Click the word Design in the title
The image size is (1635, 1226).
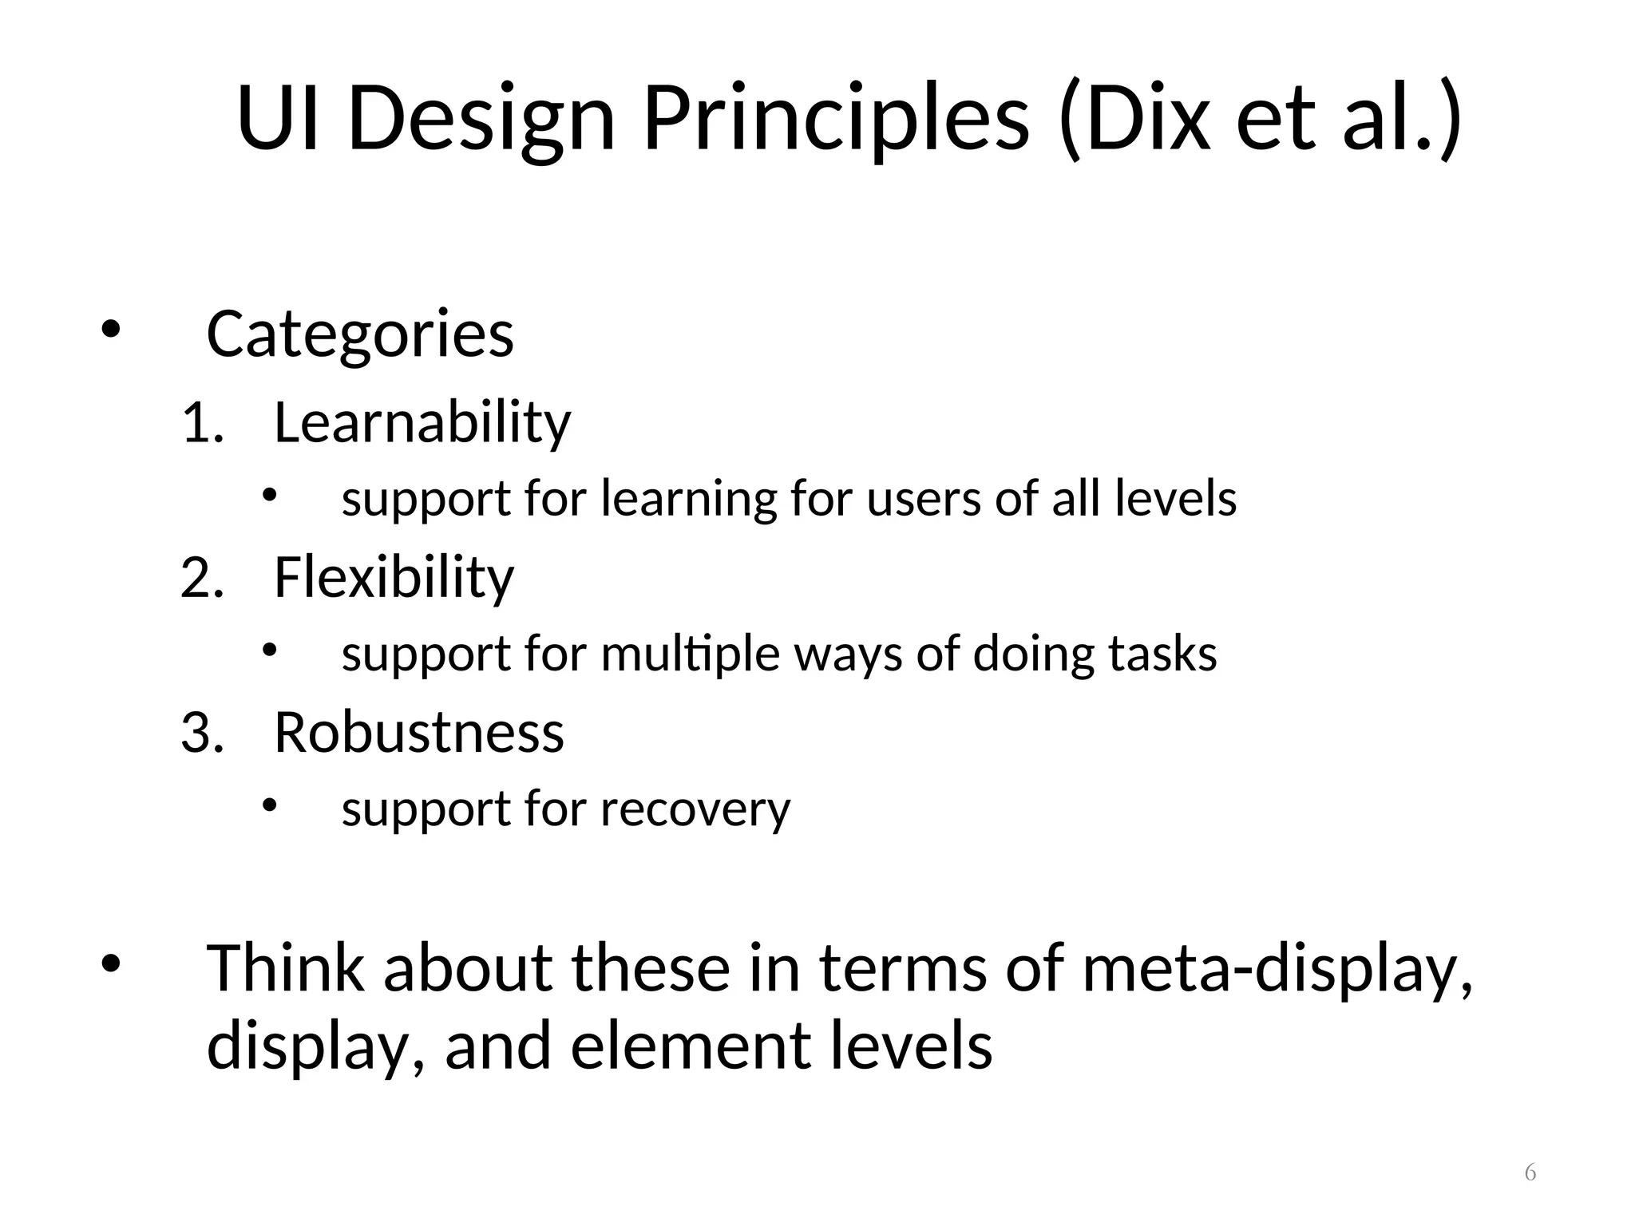pyautogui.click(x=481, y=120)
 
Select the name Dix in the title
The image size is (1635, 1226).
pyautogui.click(x=1149, y=120)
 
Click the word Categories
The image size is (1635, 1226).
pyautogui.click(x=360, y=334)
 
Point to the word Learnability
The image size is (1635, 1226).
pyautogui.click(x=422, y=422)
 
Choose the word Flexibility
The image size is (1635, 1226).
pyautogui.click(x=394, y=577)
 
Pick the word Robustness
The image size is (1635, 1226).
pyautogui.click(x=419, y=732)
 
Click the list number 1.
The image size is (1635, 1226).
pyautogui.click(x=200, y=424)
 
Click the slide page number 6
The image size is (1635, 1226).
pyautogui.click(x=1530, y=1173)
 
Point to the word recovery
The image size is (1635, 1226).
pyautogui.click(x=695, y=809)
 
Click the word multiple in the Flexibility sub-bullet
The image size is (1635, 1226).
pyautogui.click(x=690, y=655)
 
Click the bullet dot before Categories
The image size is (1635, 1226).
pyautogui.click(x=109, y=329)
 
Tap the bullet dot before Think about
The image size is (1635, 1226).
pyautogui.click(x=109, y=963)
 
